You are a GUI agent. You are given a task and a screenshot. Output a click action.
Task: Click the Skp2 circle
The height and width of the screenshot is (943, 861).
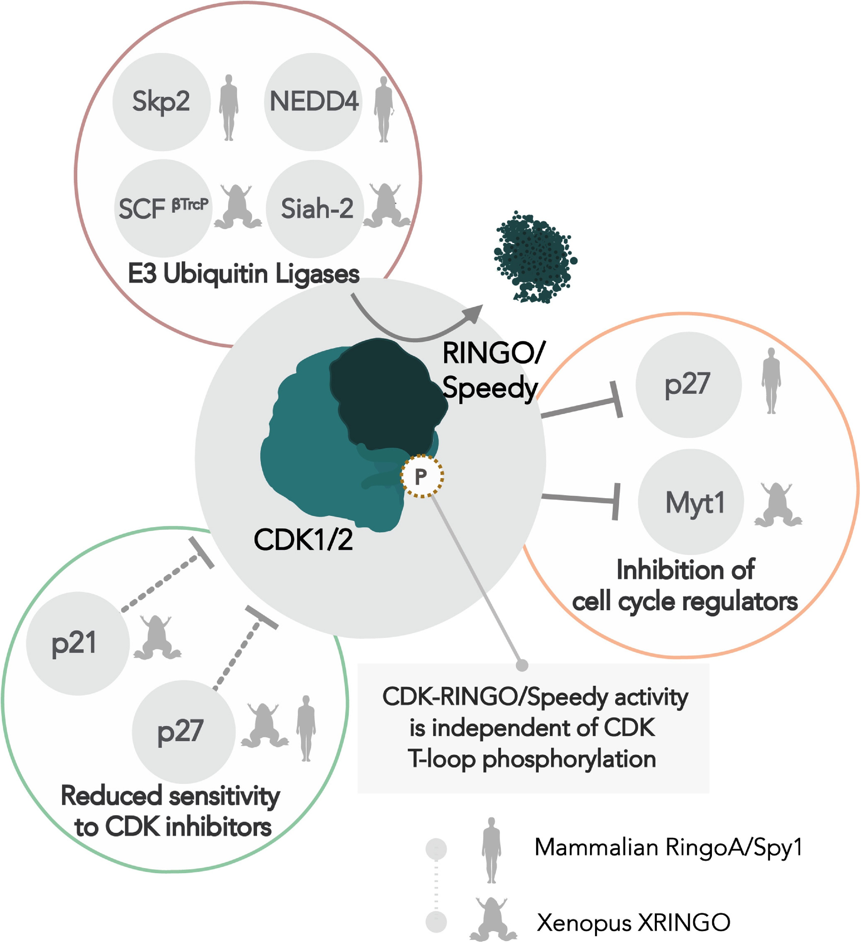pos(161,102)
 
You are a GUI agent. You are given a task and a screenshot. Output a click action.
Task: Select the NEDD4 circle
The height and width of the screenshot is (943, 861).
pos(313,102)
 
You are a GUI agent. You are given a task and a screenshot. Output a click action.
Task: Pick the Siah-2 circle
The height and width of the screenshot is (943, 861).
pos(315,209)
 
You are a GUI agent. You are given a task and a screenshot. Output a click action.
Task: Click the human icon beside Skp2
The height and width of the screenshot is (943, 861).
pos(229,108)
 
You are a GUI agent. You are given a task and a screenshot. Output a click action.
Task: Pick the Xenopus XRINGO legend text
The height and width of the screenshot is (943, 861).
pos(633,922)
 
